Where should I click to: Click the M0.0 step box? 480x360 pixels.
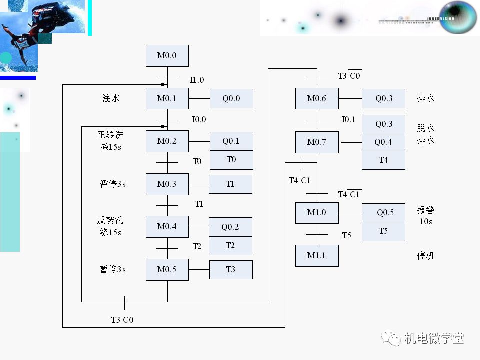(167, 56)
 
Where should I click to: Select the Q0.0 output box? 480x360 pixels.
(231, 99)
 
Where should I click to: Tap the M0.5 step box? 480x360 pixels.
(167, 270)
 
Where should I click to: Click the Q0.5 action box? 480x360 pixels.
(383, 213)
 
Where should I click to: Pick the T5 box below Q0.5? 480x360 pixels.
(383, 231)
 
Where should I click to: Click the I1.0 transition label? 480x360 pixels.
(197, 80)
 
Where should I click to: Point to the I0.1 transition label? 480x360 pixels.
(348, 120)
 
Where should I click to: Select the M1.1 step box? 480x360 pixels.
(317, 256)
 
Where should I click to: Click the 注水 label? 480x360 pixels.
(111, 98)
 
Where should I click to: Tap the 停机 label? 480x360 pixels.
(426, 256)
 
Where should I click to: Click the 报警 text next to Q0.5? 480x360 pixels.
(426, 210)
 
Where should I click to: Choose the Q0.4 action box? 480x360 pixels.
(383, 142)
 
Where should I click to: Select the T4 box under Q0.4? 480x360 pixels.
(383, 160)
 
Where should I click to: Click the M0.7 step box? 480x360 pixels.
(317, 142)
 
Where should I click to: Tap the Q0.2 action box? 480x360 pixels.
(230, 227)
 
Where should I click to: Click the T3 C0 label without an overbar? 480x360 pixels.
(122, 320)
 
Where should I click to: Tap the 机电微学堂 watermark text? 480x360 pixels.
(434, 338)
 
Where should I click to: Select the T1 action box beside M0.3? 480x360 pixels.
(230, 184)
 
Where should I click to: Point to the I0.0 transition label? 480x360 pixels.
(199, 120)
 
